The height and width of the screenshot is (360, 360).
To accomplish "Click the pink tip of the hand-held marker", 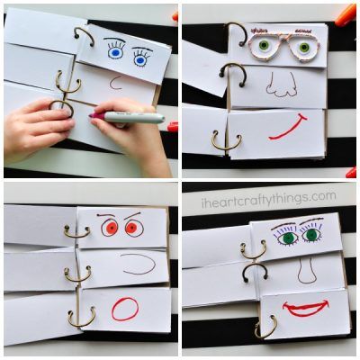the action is tap(91, 115).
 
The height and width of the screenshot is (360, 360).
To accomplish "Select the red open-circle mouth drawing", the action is tap(125, 310).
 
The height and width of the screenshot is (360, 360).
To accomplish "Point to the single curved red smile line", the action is tap(288, 128).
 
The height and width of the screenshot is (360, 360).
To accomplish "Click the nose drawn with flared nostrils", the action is tap(282, 85).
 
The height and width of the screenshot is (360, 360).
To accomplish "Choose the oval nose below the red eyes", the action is tap(139, 264).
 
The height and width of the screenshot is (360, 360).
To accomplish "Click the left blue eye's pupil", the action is tap(114, 53).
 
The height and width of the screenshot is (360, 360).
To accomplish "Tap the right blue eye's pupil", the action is tap(139, 61).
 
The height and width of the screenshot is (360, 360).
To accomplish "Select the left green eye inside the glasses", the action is tap(264, 45).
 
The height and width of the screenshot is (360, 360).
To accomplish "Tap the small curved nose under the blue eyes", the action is tap(115, 83).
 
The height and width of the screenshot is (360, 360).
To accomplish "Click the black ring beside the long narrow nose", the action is tap(255, 272).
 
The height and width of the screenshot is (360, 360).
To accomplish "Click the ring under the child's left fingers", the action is tap(61, 109).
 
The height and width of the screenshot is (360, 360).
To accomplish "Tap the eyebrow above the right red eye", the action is tap(132, 215).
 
